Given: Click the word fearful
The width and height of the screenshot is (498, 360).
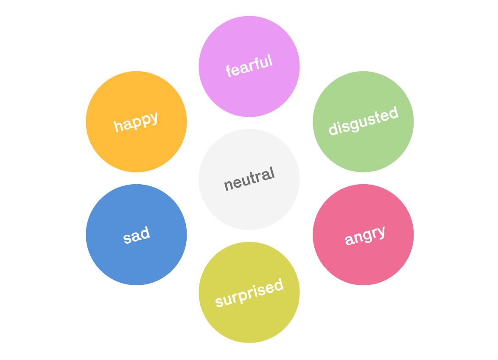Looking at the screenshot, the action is [x=249, y=66].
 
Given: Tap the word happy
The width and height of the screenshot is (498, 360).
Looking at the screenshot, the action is [x=136, y=121].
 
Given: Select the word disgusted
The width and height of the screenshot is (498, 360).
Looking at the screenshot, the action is [x=364, y=121].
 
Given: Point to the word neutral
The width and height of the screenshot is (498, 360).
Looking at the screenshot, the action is [x=249, y=179].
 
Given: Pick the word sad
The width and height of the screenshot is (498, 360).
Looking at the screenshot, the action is [x=137, y=235].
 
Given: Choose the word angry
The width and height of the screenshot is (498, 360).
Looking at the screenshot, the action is [x=365, y=235].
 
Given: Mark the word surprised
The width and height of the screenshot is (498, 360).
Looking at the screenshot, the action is [x=249, y=292].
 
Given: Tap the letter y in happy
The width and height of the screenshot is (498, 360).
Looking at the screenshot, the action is [x=154, y=118].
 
